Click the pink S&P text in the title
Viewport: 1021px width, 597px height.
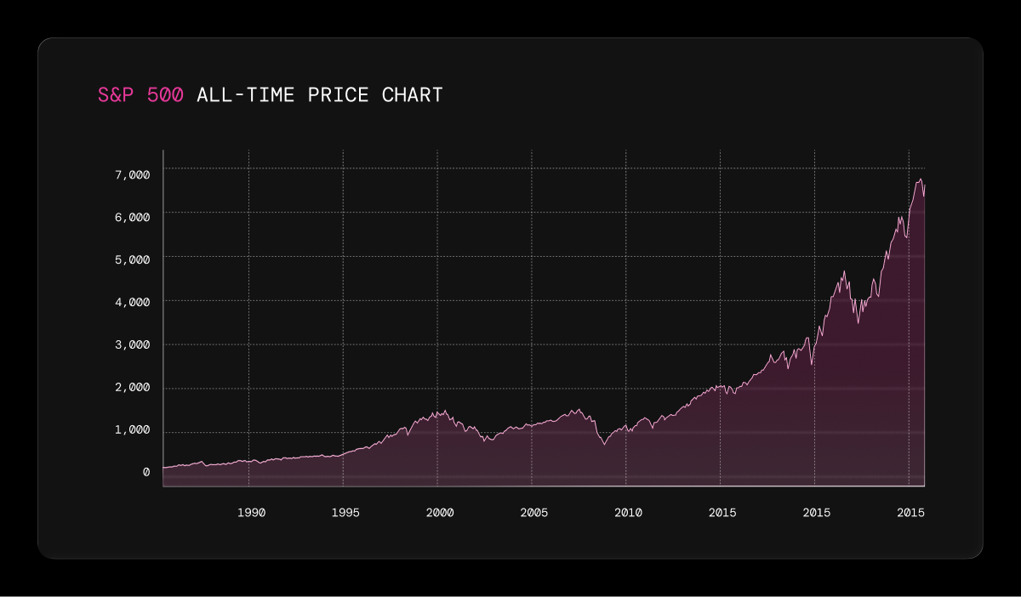pyautogui.click(x=116, y=94)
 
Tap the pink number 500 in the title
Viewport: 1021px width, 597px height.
pyautogui.click(x=165, y=94)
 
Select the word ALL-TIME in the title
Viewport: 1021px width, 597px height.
pyautogui.click(x=246, y=94)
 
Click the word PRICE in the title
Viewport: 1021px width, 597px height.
pyautogui.click(x=339, y=94)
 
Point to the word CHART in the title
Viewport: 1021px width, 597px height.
pyautogui.click(x=412, y=94)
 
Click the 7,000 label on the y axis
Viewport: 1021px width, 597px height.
pyautogui.click(x=132, y=174)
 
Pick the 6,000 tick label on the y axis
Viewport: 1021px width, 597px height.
pyautogui.click(x=132, y=218)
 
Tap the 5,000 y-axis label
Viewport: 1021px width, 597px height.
pyautogui.click(x=132, y=259)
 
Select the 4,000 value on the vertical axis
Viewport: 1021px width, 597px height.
pyautogui.click(x=132, y=302)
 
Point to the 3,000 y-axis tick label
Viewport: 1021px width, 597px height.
pyautogui.click(x=132, y=345)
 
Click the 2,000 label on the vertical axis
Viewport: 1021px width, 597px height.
pyautogui.click(x=132, y=387)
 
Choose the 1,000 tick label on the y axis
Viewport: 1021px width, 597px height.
pyautogui.click(x=132, y=429)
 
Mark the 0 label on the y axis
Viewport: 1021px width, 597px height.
pyautogui.click(x=146, y=472)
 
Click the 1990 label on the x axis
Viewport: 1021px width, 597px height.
pyautogui.click(x=252, y=513)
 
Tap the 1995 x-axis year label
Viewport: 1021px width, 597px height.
pyautogui.click(x=345, y=513)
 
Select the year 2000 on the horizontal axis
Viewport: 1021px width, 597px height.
pyautogui.click(x=440, y=513)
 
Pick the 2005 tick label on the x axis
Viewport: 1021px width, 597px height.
pyautogui.click(x=534, y=513)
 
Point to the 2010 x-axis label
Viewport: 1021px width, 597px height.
pyautogui.click(x=628, y=513)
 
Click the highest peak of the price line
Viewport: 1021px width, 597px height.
pyautogui.click(x=921, y=179)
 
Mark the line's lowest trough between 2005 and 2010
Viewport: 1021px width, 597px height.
pyautogui.click(x=605, y=444)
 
